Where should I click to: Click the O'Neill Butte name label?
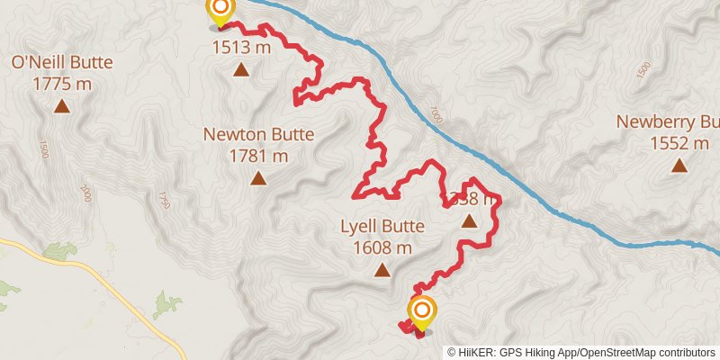pyautogui.click(x=61, y=63)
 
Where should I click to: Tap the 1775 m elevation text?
pyautogui.click(x=61, y=84)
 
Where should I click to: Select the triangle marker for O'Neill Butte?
pyautogui.click(x=61, y=106)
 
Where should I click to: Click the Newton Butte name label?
pyautogui.click(x=258, y=135)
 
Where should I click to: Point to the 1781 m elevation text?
pyautogui.click(x=258, y=156)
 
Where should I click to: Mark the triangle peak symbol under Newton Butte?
pyautogui.click(x=258, y=178)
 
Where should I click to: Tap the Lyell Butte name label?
pyautogui.click(x=382, y=227)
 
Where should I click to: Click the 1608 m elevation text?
pyautogui.click(x=382, y=247)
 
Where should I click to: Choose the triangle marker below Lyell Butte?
pyautogui.click(x=382, y=270)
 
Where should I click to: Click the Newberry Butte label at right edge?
pyautogui.click(x=667, y=121)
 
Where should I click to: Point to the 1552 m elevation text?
pyautogui.click(x=679, y=143)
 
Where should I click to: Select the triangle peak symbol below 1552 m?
pyautogui.click(x=679, y=166)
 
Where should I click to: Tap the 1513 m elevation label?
pyautogui.click(x=241, y=48)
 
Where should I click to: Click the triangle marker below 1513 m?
pyautogui.click(x=241, y=69)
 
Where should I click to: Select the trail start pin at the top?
pyautogui.click(x=220, y=12)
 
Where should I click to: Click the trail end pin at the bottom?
pyautogui.click(x=422, y=313)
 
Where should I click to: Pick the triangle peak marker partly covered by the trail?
pyautogui.click(x=468, y=220)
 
